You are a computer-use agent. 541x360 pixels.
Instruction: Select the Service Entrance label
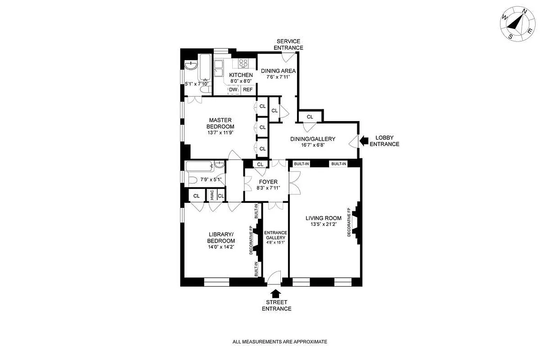pyautogui.click(x=289, y=45)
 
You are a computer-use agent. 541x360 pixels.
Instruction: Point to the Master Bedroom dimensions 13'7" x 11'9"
pyautogui.click(x=220, y=132)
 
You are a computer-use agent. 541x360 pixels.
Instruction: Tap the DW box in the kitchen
pyautogui.click(x=233, y=90)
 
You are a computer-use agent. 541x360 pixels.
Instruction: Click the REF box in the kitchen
pyautogui.click(x=248, y=90)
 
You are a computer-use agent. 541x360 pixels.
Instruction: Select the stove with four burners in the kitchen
pyautogui.click(x=244, y=63)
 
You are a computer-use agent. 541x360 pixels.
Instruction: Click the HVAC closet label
pyautogui.click(x=212, y=196)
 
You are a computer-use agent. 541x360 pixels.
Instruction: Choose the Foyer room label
pyautogui.click(x=267, y=182)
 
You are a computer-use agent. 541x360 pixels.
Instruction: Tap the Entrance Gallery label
pyautogui.click(x=275, y=234)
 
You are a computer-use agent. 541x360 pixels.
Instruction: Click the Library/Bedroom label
pyautogui.click(x=221, y=237)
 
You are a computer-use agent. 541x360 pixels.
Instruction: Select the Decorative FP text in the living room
pyautogui.click(x=349, y=222)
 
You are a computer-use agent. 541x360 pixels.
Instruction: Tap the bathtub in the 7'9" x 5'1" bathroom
pyautogui.click(x=198, y=167)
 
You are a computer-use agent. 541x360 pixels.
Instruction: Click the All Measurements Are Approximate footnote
pyautogui.click(x=280, y=342)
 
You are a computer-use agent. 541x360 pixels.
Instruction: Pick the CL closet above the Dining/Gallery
pyautogui.click(x=310, y=117)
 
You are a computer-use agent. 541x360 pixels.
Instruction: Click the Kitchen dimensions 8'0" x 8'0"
pyautogui.click(x=241, y=81)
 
